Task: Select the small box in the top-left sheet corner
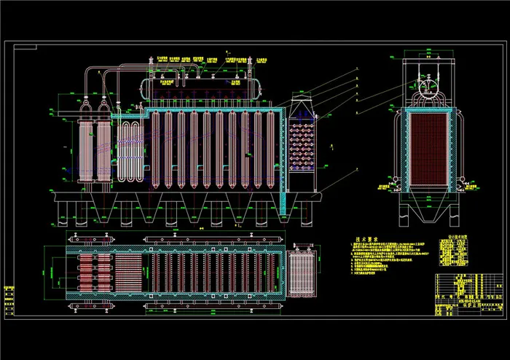[x=25, y=46]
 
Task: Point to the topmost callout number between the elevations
[x=357, y=69]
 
